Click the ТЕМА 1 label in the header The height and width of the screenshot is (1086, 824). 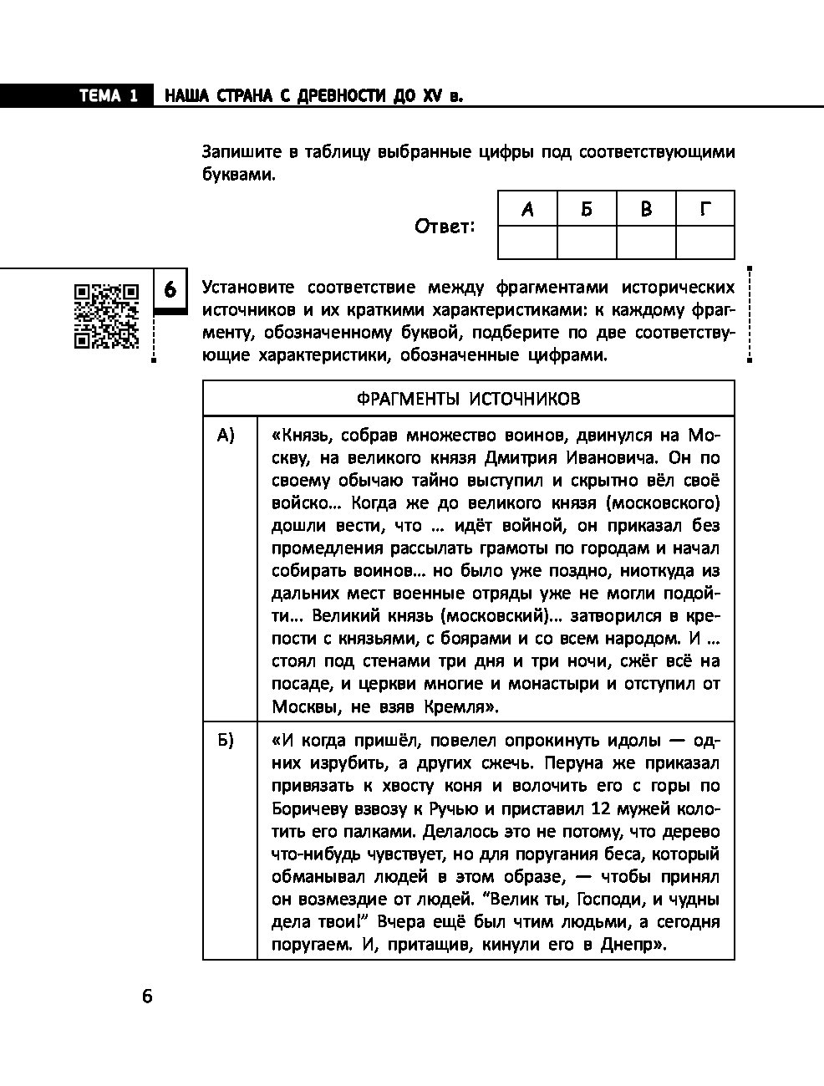109,96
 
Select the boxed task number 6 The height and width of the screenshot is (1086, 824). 170,290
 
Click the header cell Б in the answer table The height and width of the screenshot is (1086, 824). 586,209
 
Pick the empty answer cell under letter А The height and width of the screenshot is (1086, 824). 526,242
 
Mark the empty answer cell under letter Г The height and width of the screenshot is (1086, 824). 704,242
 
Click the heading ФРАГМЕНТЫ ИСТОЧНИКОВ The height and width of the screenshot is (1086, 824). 468,399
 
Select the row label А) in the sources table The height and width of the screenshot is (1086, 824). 226,436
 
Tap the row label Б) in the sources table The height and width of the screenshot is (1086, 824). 226,741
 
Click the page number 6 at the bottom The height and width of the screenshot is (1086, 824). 148,996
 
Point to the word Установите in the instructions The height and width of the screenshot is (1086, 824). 248,288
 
